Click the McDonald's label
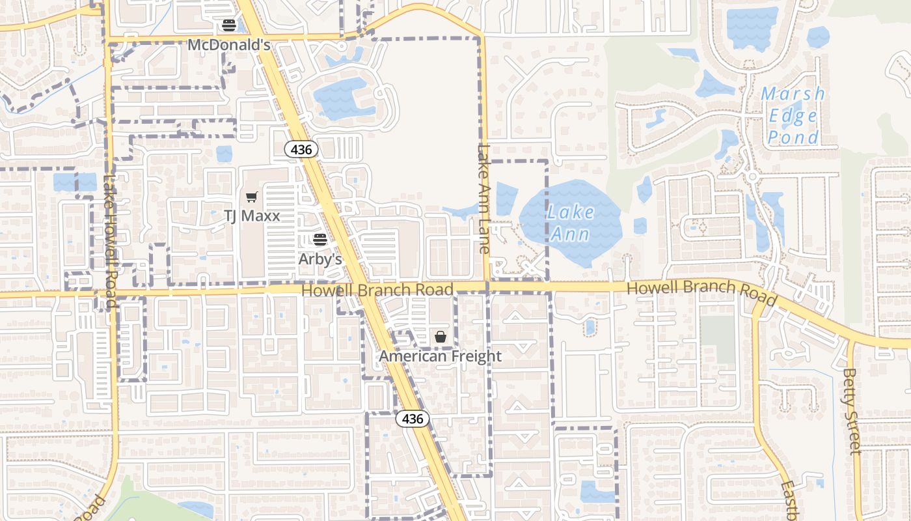tap(228, 45)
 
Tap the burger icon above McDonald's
tap(228, 25)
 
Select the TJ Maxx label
tap(252, 216)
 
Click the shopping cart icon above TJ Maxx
tap(251, 197)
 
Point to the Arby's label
tap(320, 259)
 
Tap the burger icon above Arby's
tap(320, 239)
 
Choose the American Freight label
tap(441, 356)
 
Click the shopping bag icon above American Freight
tap(441, 337)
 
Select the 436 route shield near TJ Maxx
tap(302, 150)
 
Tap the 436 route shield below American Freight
tap(413, 419)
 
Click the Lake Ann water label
tap(571, 223)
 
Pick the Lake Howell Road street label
tap(109, 241)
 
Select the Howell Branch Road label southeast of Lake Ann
tap(701, 291)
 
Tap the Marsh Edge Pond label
tap(793, 115)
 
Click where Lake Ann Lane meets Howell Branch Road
tap(487, 287)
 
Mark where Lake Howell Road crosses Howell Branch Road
tap(111, 294)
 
